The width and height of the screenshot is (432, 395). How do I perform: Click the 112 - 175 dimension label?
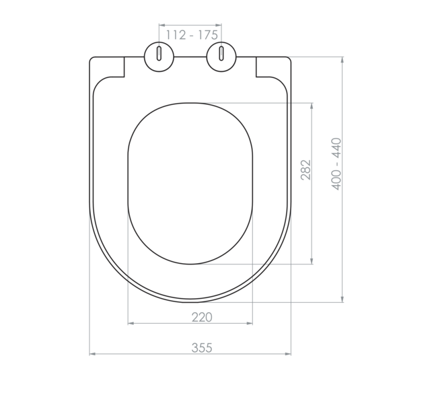coord(190,35)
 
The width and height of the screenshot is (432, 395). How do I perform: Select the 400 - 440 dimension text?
coord(336,164)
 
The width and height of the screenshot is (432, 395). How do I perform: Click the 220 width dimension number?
coord(201,317)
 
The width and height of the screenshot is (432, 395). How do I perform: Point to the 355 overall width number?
coord(201,347)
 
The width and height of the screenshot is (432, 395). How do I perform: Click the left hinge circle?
coord(159,55)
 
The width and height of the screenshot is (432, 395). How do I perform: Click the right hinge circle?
coord(221,55)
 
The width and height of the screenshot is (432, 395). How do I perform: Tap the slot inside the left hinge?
coord(159,54)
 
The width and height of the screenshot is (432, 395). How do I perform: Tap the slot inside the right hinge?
coord(221,54)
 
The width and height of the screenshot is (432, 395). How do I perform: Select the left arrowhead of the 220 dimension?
coord(131,324)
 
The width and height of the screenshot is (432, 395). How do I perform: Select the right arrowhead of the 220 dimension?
coord(250,324)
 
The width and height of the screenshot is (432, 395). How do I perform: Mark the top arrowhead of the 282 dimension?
coord(312,106)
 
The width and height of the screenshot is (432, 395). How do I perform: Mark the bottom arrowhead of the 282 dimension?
coord(312,262)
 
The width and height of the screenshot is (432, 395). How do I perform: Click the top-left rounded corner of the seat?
coord(92,60)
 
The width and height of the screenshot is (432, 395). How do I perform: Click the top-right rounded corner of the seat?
coord(289,60)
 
